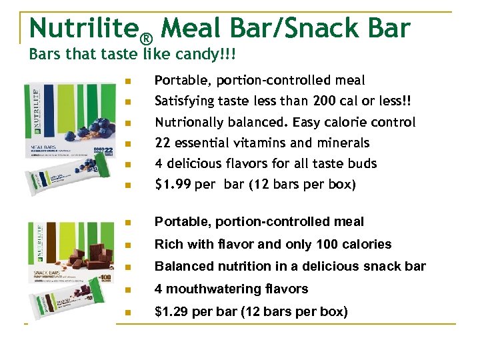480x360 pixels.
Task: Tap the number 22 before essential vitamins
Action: tap(162, 143)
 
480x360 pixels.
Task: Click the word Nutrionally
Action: tap(193, 123)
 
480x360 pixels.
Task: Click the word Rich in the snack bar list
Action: tap(168, 244)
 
